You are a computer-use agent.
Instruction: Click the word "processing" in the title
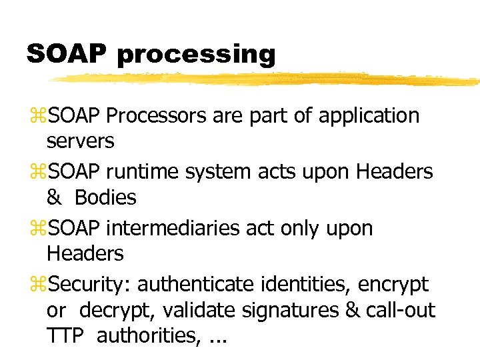pos(195,55)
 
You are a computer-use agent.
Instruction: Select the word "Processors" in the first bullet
pos(156,116)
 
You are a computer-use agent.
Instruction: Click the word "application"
pos(369,116)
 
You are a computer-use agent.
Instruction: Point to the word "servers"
pos(81,141)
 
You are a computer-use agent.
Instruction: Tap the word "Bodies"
pos(105,197)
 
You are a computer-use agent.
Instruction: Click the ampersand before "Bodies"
pos(53,197)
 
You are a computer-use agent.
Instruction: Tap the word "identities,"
pos(306,285)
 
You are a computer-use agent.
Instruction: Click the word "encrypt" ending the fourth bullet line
pos(393,285)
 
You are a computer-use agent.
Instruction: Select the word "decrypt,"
pos(115,311)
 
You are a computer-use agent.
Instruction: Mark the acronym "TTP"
pos(65,336)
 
